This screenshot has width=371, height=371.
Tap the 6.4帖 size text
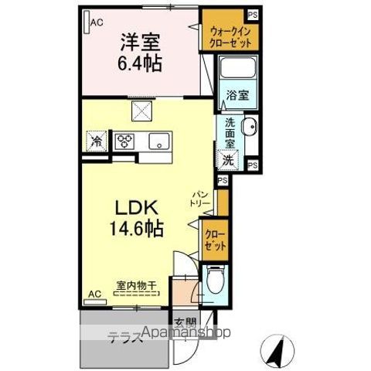[140, 63]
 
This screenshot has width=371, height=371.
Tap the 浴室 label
[237, 96]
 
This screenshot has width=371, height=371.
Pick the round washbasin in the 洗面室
[250, 128]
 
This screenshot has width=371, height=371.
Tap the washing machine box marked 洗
[228, 160]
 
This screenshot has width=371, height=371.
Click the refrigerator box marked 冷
[97, 141]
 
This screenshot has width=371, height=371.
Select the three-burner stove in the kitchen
[124, 141]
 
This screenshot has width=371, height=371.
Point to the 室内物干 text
[136, 285]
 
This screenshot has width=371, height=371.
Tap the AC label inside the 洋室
[97, 22]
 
